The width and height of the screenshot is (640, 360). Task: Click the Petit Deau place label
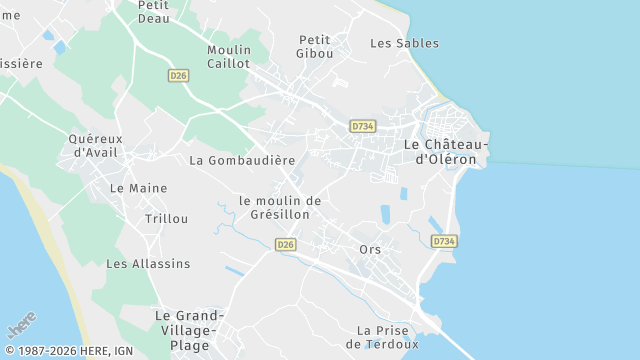click(x=153, y=11)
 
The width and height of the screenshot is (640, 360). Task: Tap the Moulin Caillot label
click(x=229, y=56)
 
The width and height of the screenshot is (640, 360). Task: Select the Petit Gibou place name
click(x=315, y=46)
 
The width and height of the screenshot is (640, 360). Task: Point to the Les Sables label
click(x=404, y=43)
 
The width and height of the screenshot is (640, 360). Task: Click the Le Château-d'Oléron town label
click(x=446, y=151)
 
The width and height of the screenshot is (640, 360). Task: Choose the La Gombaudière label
click(x=242, y=160)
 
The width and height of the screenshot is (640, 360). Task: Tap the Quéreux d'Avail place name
click(x=96, y=145)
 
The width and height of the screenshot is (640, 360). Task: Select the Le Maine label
click(x=139, y=188)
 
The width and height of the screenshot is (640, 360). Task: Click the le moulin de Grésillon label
click(x=281, y=207)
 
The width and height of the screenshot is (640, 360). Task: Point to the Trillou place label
click(x=166, y=218)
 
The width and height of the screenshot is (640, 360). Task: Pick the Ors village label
click(x=370, y=249)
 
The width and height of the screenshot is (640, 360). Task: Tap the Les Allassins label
click(x=148, y=264)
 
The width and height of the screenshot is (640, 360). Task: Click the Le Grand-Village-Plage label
click(x=190, y=331)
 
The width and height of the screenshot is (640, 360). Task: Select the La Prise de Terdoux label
click(x=382, y=337)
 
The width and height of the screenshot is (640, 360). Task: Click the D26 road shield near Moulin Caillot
click(x=178, y=75)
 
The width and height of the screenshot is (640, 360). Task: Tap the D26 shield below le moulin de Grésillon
click(x=286, y=244)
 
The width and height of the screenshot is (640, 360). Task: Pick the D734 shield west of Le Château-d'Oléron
click(x=363, y=126)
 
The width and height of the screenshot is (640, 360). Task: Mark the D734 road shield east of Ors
click(x=444, y=241)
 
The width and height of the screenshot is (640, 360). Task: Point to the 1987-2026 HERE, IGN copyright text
click(x=68, y=351)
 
